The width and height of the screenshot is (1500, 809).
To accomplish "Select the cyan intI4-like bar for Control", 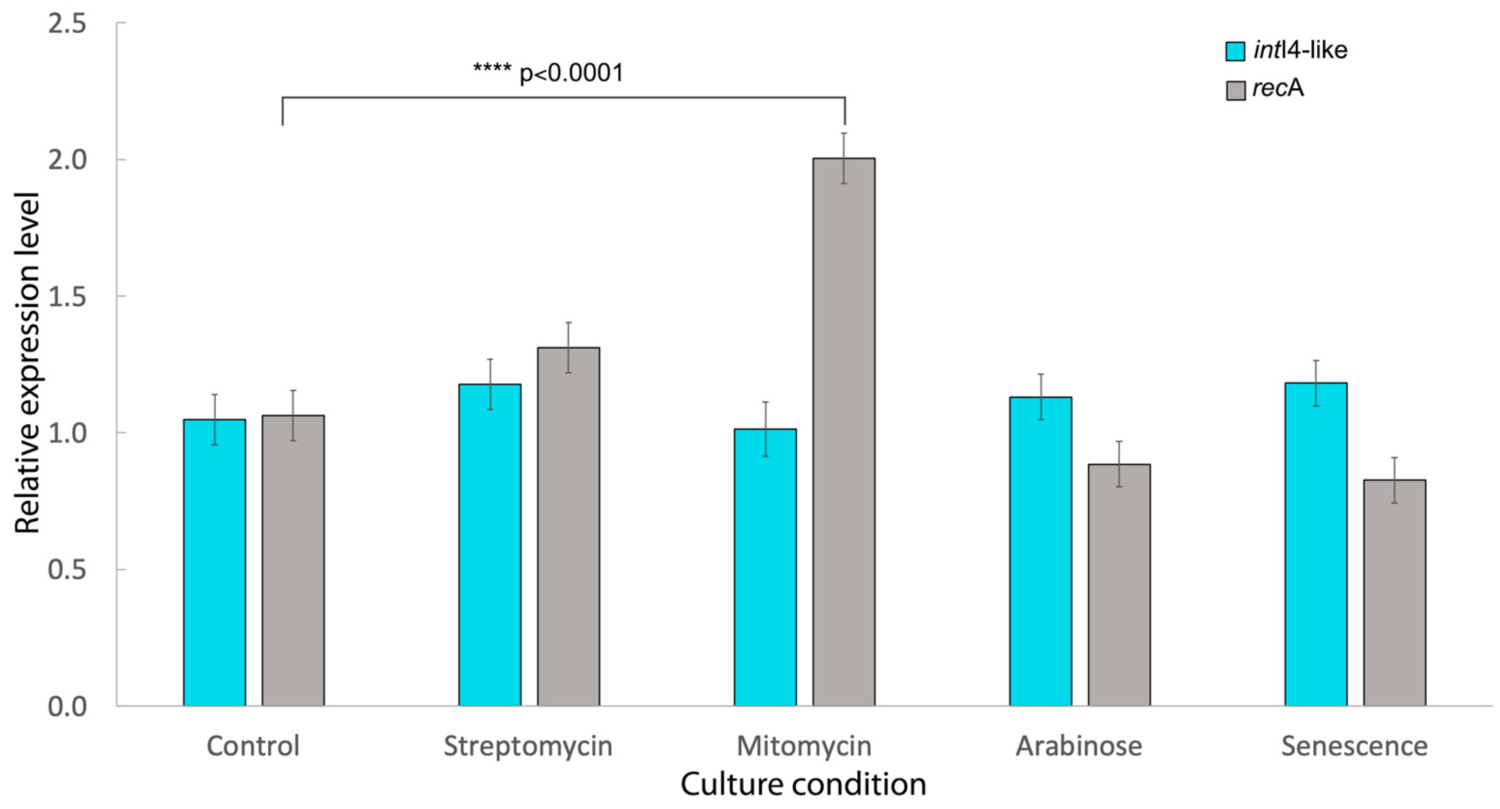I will point(214,562).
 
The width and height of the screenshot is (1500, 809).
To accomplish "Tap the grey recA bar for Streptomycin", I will point(569,527).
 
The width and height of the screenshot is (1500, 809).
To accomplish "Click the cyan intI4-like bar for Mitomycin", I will point(765,568).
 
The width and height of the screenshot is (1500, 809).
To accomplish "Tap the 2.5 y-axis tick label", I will point(67,24).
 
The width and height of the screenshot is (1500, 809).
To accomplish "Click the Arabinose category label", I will point(1079,746).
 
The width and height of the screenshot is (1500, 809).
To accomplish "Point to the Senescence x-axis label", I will point(1354,746).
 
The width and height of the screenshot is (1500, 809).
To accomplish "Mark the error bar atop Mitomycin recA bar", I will point(844,159).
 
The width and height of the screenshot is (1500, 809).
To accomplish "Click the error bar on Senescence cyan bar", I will point(1316,383).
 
